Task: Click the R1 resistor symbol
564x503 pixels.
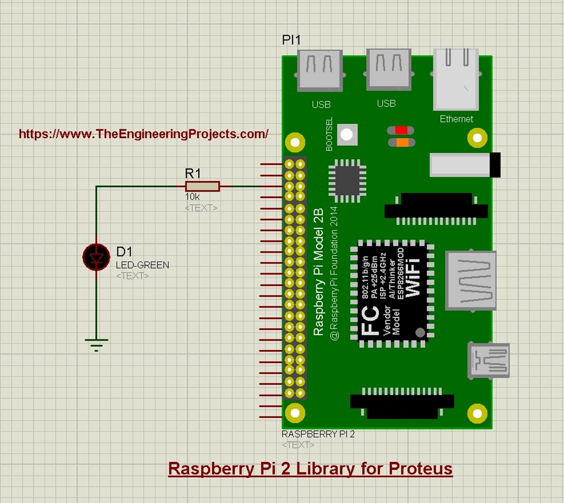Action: (x=202, y=187)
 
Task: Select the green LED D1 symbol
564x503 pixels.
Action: (x=96, y=258)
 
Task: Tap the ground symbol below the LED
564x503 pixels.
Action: (x=96, y=343)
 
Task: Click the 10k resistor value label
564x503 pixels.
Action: (x=192, y=197)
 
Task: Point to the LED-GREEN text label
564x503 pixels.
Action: (x=142, y=265)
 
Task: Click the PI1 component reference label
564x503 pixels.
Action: (x=291, y=40)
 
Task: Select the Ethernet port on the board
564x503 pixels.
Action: (x=455, y=80)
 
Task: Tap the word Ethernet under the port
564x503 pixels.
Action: (x=456, y=119)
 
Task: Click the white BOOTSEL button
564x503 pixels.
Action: (x=347, y=135)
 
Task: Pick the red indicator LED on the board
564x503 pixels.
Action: (x=402, y=130)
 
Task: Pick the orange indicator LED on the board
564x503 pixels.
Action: (x=402, y=143)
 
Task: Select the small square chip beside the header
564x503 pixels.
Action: (x=347, y=179)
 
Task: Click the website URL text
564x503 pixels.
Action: (x=144, y=134)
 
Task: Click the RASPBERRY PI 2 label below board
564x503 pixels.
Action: (x=318, y=434)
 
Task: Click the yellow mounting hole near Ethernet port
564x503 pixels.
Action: (x=478, y=138)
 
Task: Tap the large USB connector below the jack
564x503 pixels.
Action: (x=471, y=281)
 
